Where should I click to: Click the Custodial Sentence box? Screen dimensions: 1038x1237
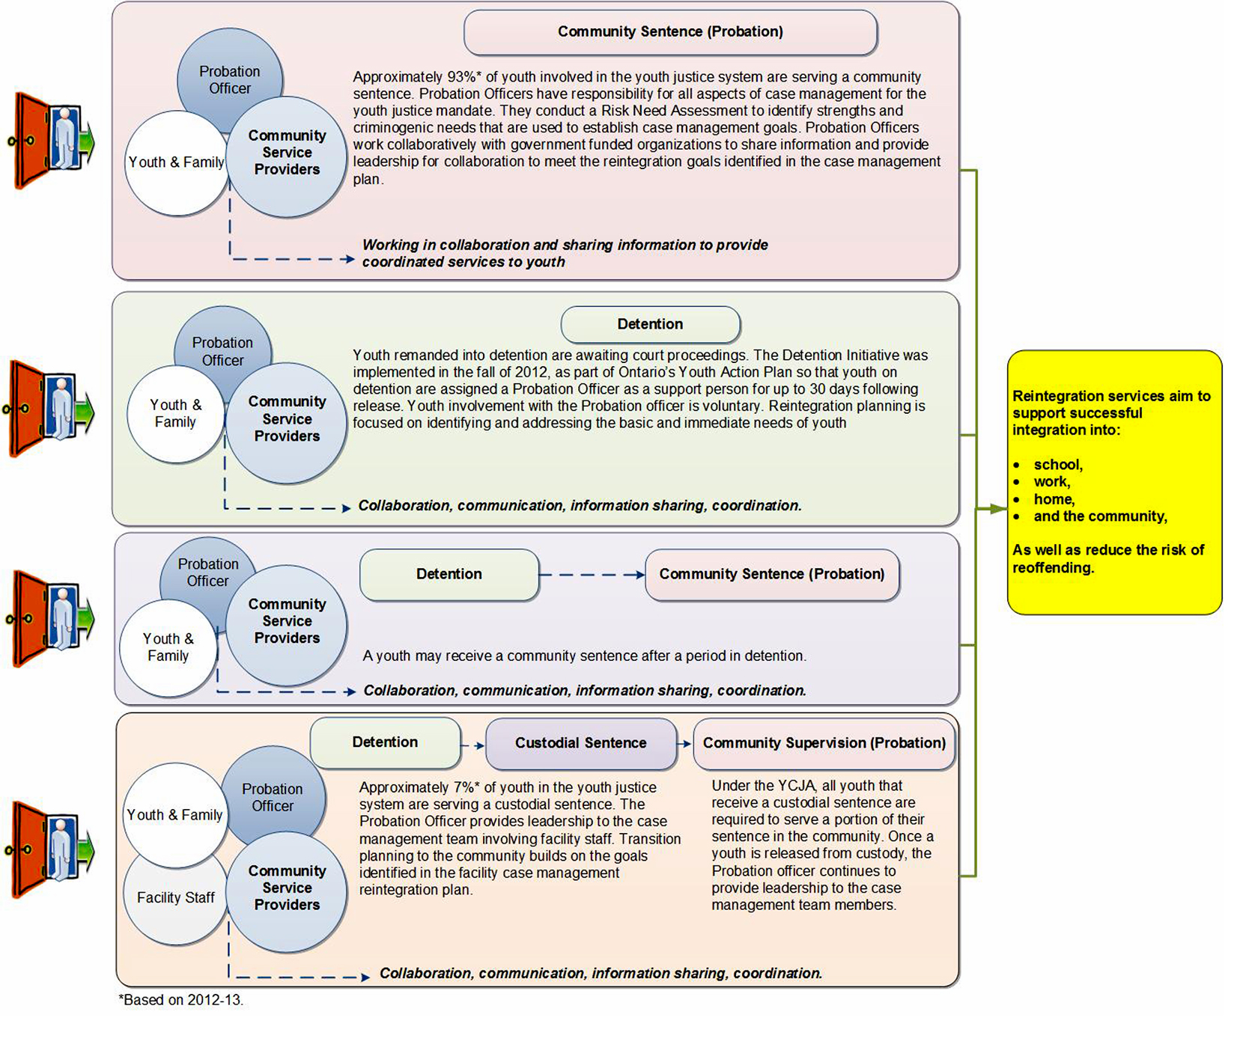580,743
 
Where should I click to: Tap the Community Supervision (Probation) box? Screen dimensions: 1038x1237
824,743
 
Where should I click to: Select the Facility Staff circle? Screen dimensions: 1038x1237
175,897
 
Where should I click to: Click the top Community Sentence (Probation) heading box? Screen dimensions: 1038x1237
670,32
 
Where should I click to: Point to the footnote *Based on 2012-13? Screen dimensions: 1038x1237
181,1000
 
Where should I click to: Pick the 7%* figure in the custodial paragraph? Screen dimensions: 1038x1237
466,787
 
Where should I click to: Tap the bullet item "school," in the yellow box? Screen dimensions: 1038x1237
1057,465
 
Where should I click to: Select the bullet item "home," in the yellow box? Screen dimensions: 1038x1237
1054,499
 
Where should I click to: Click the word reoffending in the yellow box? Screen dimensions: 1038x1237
1052,568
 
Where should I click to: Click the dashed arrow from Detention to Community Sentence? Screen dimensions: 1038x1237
592,575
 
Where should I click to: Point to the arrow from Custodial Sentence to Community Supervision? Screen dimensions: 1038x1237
684,744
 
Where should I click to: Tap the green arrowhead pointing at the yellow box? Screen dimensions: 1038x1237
997,509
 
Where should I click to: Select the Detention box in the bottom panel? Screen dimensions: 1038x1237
385,742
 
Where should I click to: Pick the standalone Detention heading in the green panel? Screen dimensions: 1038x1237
650,324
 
